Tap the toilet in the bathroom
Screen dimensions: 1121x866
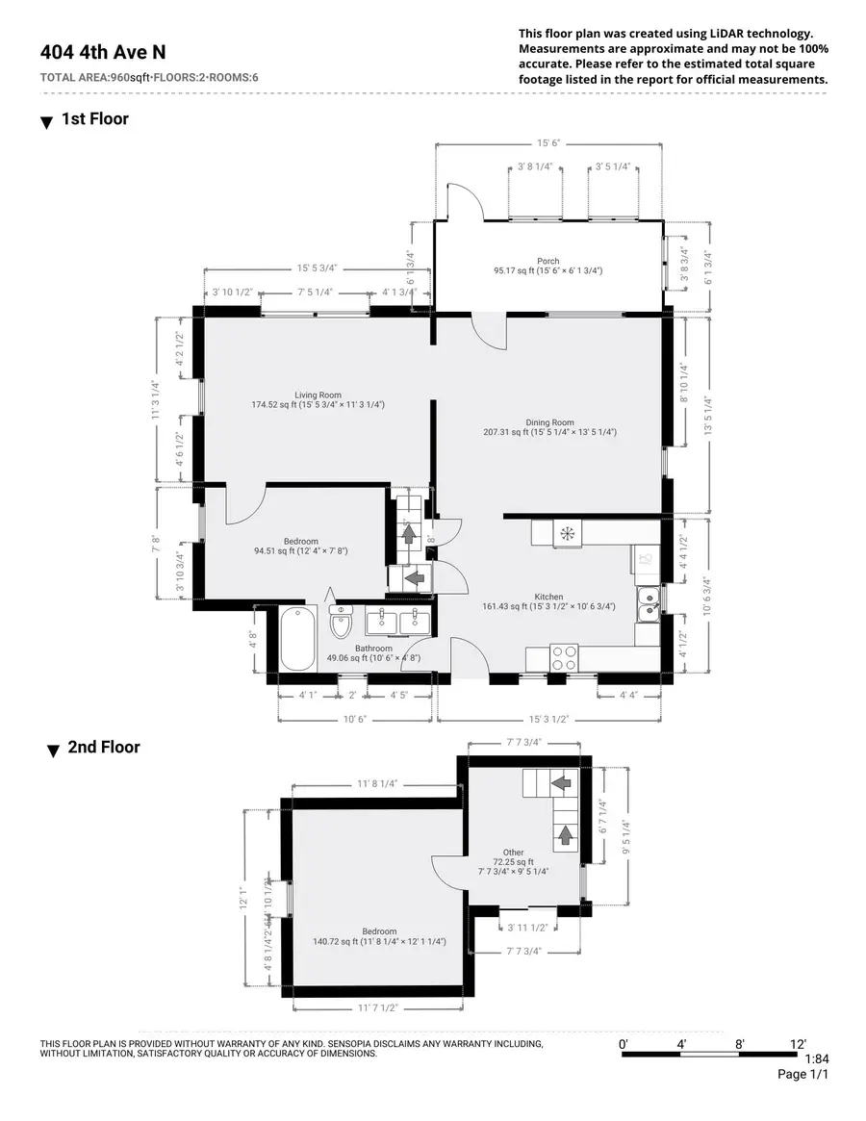click(342, 624)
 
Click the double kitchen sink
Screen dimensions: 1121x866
click(649, 604)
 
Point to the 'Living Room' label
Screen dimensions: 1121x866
click(318, 395)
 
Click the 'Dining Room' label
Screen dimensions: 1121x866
click(549, 421)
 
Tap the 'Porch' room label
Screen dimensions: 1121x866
click(548, 261)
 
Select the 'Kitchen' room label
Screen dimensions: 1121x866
click(549, 597)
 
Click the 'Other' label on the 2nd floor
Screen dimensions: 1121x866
click(513, 852)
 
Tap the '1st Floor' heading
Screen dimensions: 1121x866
click(94, 119)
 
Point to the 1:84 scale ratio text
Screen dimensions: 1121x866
click(816, 1059)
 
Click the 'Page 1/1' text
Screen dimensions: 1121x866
click(802, 1075)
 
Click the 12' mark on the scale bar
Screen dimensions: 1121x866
click(797, 1044)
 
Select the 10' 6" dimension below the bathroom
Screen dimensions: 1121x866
click(355, 719)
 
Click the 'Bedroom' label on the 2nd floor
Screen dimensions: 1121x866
click(379, 930)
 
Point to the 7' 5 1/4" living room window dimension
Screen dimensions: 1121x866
click(315, 292)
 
